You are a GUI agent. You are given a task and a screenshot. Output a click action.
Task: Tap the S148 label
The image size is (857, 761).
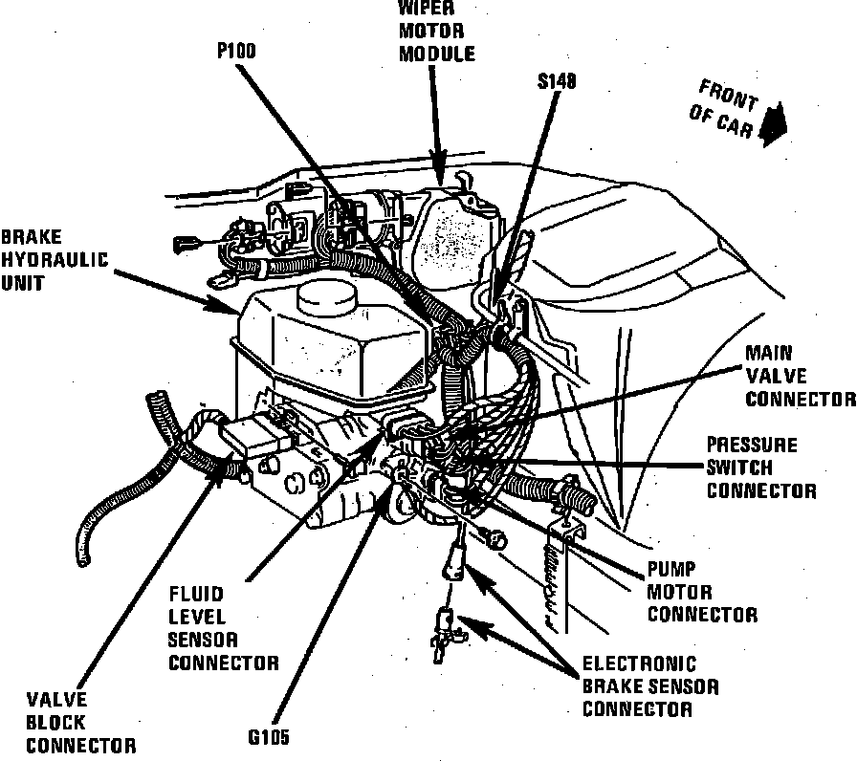(x=557, y=83)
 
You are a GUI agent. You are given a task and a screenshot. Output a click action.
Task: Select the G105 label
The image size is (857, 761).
(x=267, y=737)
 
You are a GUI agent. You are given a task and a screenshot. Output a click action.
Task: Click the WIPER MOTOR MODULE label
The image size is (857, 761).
(x=437, y=32)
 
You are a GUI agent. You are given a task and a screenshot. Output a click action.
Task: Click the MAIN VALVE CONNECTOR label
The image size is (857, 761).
(x=798, y=376)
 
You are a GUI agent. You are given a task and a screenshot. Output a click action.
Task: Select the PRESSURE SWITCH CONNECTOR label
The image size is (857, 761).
(x=761, y=468)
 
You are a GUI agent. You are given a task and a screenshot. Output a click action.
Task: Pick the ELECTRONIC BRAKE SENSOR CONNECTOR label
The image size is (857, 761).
(x=650, y=686)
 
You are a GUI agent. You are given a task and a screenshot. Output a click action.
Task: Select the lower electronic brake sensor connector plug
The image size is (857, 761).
(x=443, y=631)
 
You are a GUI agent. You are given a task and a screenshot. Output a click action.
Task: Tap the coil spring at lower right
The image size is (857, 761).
(x=551, y=583)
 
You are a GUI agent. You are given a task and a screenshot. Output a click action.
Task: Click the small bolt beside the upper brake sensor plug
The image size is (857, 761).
(x=494, y=540)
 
